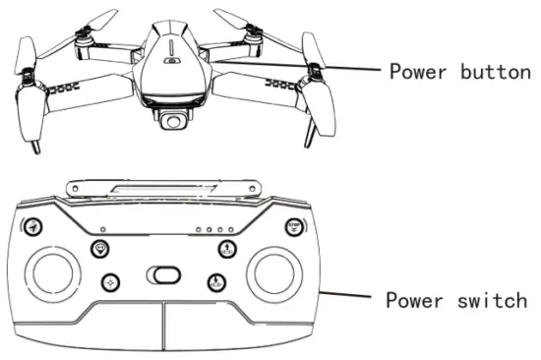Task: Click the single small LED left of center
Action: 118,233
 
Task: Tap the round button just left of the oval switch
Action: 110,282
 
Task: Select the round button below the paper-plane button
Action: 100,249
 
